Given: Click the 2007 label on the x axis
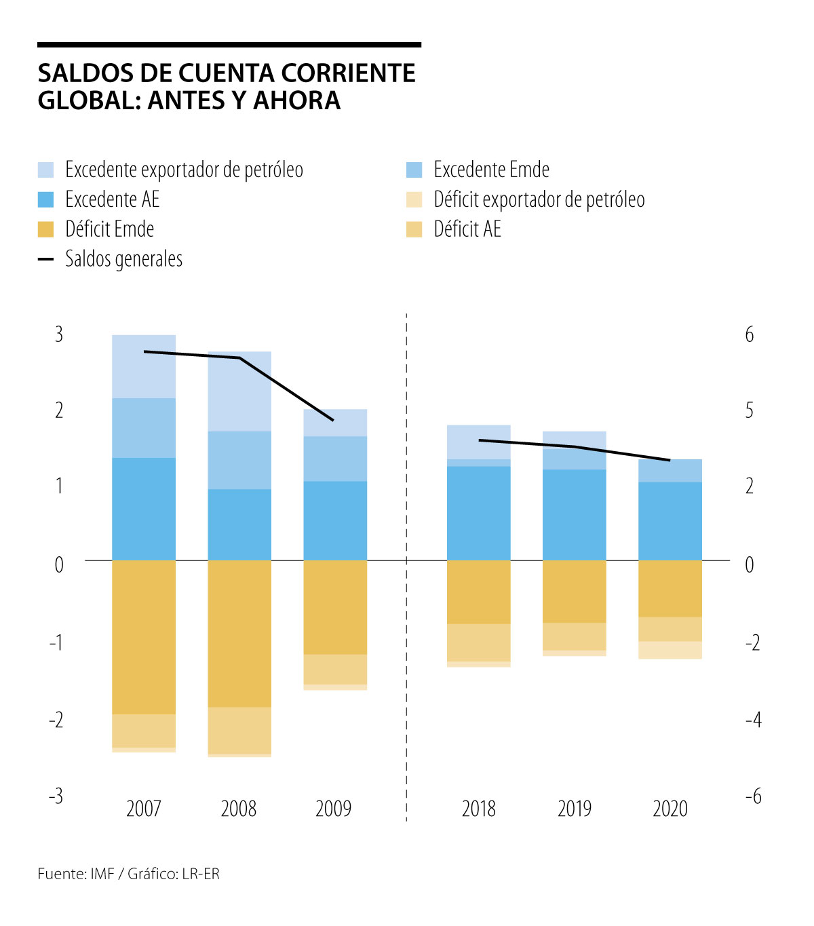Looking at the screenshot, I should click(x=143, y=809).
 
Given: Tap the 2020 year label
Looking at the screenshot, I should click(x=670, y=809).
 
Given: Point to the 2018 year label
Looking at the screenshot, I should click(x=479, y=809).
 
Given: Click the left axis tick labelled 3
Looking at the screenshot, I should click(x=59, y=334).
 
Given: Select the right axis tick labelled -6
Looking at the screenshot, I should click(x=753, y=796).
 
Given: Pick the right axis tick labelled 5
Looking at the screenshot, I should click(x=750, y=410).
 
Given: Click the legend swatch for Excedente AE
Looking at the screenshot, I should click(x=45, y=199).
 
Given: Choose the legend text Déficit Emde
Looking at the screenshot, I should click(x=109, y=229).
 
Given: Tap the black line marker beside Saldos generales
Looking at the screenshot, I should click(x=45, y=259).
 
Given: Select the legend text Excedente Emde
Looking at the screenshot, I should click(x=491, y=170).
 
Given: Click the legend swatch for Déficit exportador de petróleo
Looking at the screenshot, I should click(x=414, y=199).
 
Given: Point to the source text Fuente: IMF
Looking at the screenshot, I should click(x=76, y=874).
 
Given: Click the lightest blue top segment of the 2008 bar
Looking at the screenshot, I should click(x=239, y=391).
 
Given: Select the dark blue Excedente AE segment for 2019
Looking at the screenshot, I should click(x=575, y=514).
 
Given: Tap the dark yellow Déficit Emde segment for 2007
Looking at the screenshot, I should click(x=144, y=636).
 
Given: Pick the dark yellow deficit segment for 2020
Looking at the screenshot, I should click(x=670, y=588).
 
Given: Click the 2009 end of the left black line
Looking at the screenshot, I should click(x=333, y=421).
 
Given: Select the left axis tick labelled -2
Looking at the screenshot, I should click(x=56, y=720).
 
